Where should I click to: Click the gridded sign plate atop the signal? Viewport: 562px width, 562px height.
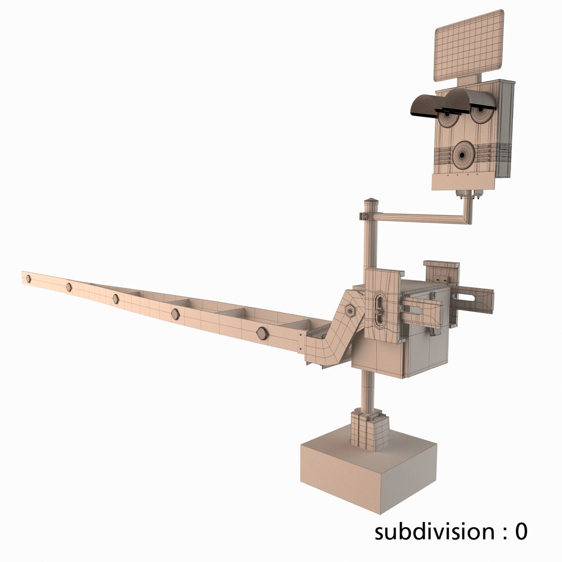pos(468,46)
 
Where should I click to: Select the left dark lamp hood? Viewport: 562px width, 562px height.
pos(426,106)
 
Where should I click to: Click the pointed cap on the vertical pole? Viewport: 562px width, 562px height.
pos(371,202)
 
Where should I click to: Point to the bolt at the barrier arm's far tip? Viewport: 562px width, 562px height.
pos(28,279)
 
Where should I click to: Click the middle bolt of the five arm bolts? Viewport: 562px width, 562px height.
pos(116,299)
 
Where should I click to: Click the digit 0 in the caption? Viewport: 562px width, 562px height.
pos(520,532)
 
